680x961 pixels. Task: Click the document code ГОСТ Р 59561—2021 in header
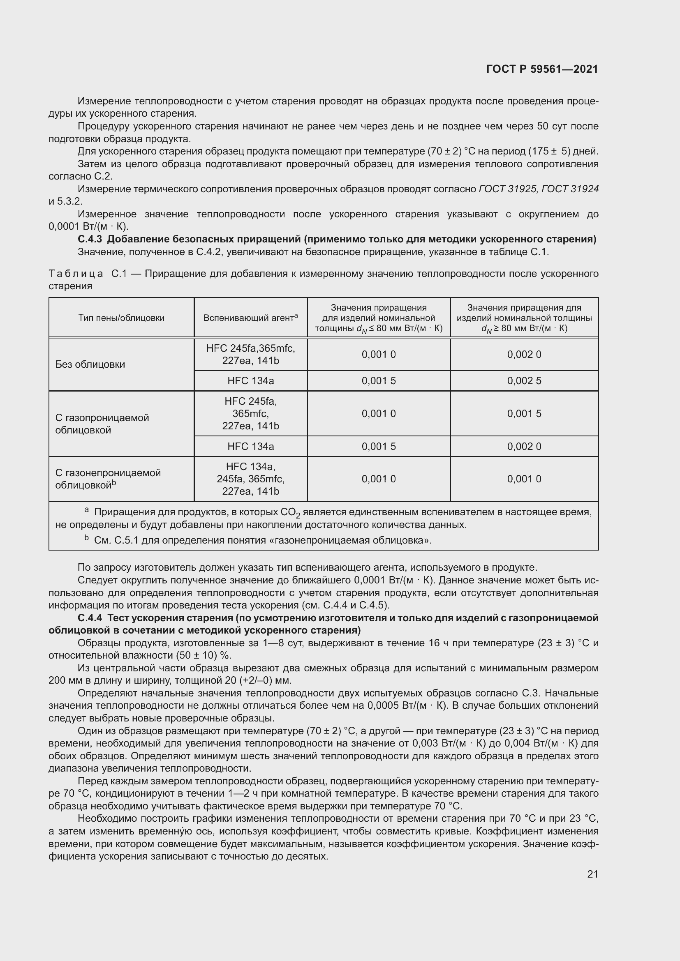(x=542, y=69)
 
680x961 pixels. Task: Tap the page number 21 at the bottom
(x=592, y=874)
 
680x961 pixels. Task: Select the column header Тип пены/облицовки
(x=121, y=318)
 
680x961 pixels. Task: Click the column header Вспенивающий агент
(x=250, y=318)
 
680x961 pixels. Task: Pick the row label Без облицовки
(x=90, y=364)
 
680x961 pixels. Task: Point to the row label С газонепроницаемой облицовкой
(x=108, y=479)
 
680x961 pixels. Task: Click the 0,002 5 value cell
(x=524, y=381)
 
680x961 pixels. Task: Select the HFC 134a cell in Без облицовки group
(x=250, y=381)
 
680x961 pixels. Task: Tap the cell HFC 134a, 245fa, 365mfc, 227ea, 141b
(x=250, y=479)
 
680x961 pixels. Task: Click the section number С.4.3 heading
(x=90, y=240)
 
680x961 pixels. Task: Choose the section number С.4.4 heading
(x=90, y=618)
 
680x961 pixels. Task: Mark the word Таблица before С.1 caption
(x=75, y=274)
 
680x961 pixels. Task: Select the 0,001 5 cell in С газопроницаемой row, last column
(x=524, y=414)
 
